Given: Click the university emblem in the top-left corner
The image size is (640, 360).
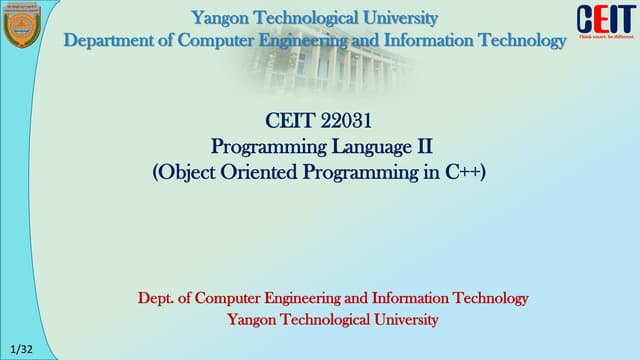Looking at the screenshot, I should pyautogui.click(x=19, y=25).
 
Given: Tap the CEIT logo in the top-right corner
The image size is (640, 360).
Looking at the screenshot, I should pyautogui.click(x=605, y=19).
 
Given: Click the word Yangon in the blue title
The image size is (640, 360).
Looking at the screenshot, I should pyautogui.click(x=223, y=17).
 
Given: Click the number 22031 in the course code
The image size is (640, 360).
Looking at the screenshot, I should pyautogui.click(x=345, y=122).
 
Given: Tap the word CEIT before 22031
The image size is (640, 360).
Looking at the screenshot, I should pyautogui.click(x=290, y=122).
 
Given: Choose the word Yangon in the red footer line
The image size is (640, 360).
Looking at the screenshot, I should pyautogui.click(x=254, y=320).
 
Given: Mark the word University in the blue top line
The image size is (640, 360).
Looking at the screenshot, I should pyautogui.click(x=398, y=17).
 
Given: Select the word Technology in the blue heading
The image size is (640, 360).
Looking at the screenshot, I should pyautogui.click(x=520, y=40).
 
